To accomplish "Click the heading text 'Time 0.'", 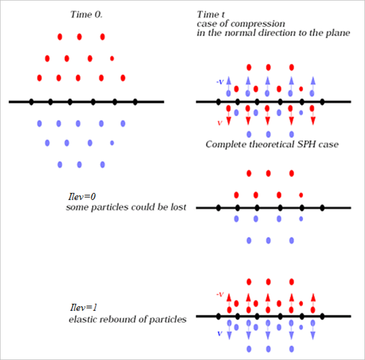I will pyautogui.click(x=86, y=14).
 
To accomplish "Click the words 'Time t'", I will pyautogui.click(x=209, y=14).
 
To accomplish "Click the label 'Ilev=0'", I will pyautogui.click(x=81, y=197).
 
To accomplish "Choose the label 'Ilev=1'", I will pyautogui.click(x=80, y=308).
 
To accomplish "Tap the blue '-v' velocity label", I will pyautogui.click(x=220, y=82).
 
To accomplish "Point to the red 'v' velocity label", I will pyautogui.click(x=219, y=123).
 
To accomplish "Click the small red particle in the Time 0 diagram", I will pyautogui.click(x=112, y=58).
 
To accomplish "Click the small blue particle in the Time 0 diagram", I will pyautogui.click(x=112, y=143).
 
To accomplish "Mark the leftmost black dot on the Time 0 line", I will pyautogui.click(x=31, y=101).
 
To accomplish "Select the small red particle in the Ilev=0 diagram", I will pyautogui.click(x=301, y=195).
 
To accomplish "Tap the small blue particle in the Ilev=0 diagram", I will pyautogui.click(x=301, y=218).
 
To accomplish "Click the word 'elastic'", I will pyautogui.click(x=80, y=319).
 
